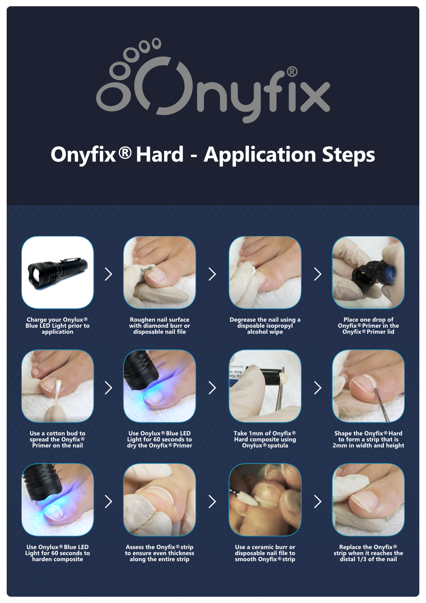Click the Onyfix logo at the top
click(213, 81)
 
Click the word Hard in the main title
click(160, 154)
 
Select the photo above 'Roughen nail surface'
click(159, 272)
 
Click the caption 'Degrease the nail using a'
click(265, 320)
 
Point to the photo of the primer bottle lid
click(368, 272)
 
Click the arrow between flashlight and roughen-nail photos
click(108, 274)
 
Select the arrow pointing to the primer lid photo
click(318, 274)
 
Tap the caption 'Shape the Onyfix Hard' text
click(368, 434)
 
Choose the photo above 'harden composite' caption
click(58, 500)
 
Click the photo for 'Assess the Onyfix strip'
click(159, 500)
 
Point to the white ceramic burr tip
click(247, 499)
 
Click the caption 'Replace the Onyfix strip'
click(368, 547)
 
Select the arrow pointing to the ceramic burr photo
click(212, 502)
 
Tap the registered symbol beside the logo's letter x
click(291, 71)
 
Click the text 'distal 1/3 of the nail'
click(368, 559)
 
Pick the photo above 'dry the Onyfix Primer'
click(159, 386)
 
